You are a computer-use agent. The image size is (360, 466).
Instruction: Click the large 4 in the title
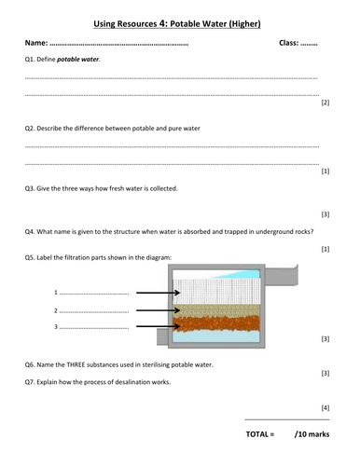pos(163,23)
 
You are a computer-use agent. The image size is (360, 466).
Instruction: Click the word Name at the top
pos(35,43)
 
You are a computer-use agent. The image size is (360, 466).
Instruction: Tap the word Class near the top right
pos(288,43)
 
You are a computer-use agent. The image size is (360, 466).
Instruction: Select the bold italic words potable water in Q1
pos(77,59)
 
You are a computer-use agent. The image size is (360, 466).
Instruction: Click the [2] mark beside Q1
pos(325,103)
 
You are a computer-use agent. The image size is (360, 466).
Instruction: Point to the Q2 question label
pos(30,129)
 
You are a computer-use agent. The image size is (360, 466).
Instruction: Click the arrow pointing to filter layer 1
pos(159,293)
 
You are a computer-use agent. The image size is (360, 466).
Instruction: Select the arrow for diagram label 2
pos(159,310)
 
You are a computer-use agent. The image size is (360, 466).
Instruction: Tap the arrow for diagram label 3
pos(159,326)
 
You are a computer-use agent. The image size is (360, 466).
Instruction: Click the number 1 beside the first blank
pos(56,293)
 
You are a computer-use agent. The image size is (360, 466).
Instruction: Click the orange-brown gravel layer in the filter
pos(216,323)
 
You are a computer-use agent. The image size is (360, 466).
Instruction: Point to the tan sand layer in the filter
pos(216,310)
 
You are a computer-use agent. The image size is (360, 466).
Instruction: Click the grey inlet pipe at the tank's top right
pos(281,276)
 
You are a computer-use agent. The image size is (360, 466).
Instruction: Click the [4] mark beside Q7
pos(325,408)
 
